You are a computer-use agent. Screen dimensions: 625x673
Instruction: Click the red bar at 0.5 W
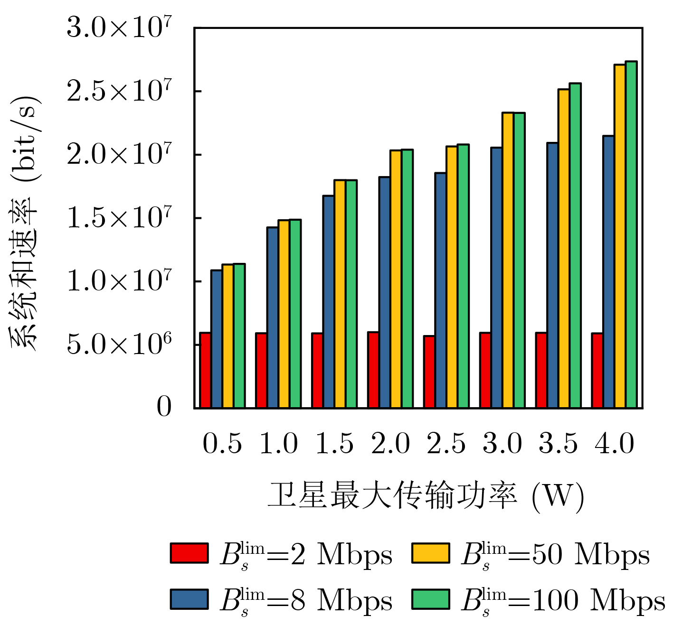coord(205,370)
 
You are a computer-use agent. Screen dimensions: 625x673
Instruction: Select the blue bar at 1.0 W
coord(273,317)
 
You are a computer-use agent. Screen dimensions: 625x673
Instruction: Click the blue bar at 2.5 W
coord(440,290)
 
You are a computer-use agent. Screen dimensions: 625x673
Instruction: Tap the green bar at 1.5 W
coord(351,294)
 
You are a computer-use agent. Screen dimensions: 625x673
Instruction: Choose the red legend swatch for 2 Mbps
coord(189,553)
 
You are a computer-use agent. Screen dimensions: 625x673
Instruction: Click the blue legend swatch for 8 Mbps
coord(189,599)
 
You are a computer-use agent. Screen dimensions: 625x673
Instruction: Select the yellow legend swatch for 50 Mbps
coord(430,553)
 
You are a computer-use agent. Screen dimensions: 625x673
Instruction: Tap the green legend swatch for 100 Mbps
coord(430,599)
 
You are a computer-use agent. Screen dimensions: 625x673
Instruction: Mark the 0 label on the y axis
coord(164,407)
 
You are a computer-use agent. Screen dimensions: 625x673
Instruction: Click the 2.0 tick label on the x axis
coord(390,444)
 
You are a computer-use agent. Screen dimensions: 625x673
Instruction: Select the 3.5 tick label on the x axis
coord(558,444)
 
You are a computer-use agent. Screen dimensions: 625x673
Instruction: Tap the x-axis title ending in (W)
coord(425,496)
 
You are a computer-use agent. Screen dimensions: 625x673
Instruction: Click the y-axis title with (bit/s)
coord(25,223)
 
